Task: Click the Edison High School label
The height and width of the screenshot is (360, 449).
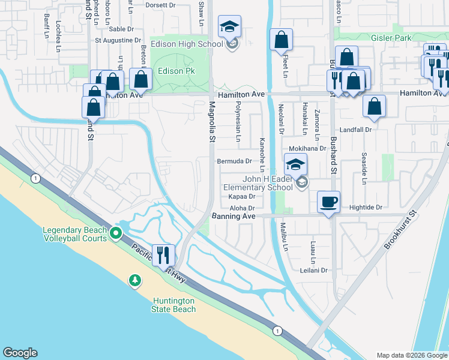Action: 191,44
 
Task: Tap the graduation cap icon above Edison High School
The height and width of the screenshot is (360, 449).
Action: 229,27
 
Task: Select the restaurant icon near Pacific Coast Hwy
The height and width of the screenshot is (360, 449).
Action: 163,255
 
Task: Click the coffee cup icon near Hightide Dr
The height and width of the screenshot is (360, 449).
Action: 328,202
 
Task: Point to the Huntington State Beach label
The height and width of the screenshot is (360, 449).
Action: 174,305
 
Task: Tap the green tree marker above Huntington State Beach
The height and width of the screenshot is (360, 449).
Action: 135,280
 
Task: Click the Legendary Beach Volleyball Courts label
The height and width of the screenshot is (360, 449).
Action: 74,234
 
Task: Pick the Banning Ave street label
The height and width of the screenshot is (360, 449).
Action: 234,216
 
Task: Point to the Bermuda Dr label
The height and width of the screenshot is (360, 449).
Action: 234,161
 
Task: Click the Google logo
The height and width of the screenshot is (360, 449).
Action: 20,353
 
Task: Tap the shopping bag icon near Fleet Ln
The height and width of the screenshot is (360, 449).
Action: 281,40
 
